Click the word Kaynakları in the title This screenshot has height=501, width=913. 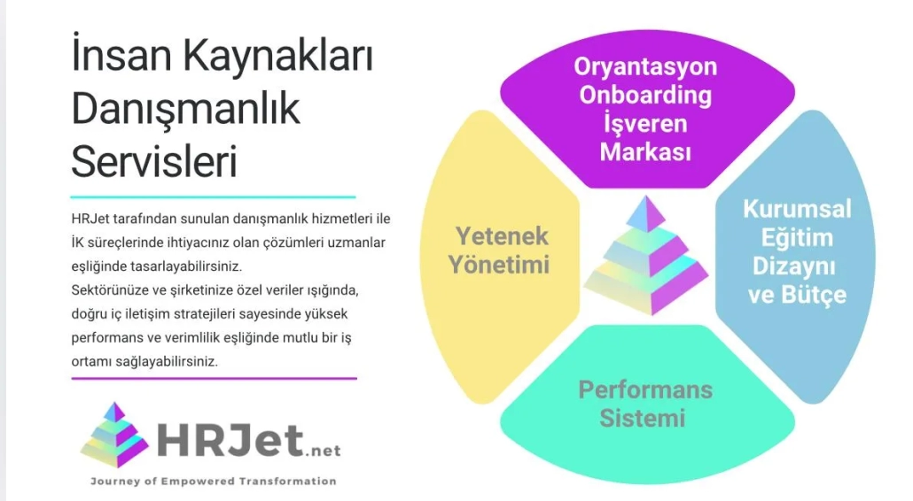(x=278, y=56)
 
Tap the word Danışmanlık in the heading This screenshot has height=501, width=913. (x=186, y=109)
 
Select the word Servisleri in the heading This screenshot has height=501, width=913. (x=154, y=161)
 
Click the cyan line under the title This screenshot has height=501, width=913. (x=213, y=197)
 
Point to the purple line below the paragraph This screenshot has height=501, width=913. (x=214, y=378)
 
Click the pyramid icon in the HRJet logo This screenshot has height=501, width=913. (x=114, y=435)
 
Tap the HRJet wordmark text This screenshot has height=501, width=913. (x=230, y=440)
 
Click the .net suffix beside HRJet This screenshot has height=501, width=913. (x=323, y=451)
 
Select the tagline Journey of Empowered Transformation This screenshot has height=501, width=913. (x=213, y=482)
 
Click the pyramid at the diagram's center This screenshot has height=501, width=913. (x=645, y=256)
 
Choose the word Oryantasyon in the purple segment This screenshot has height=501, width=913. (x=645, y=67)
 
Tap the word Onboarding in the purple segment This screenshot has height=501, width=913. (x=645, y=96)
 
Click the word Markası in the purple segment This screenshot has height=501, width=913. (x=645, y=152)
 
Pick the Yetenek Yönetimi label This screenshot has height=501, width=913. (x=500, y=250)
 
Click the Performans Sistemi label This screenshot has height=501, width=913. (x=645, y=404)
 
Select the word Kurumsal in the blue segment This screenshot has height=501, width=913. (x=797, y=209)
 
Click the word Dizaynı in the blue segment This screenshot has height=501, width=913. (x=794, y=266)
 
